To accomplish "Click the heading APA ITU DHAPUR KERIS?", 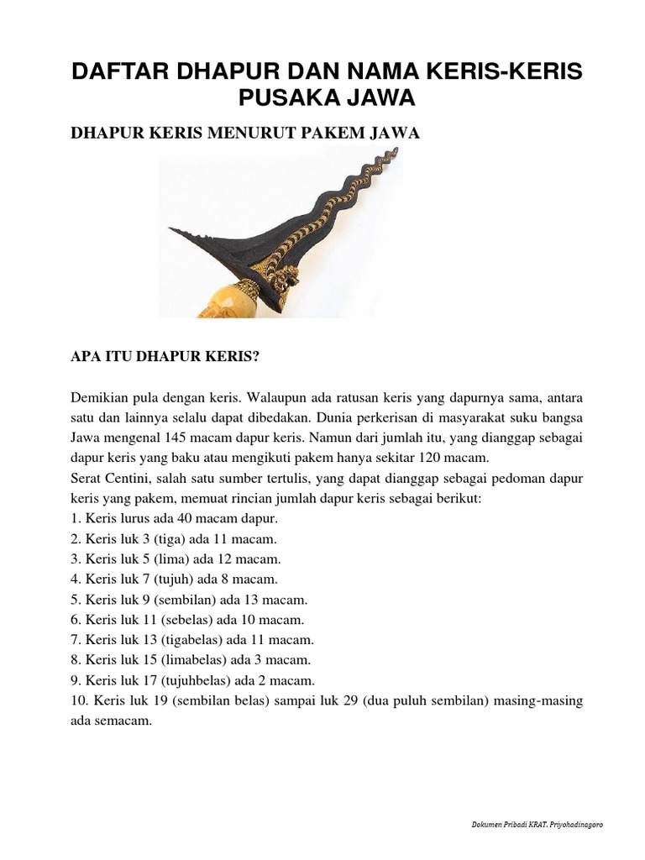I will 165,355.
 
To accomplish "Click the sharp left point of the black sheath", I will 170,228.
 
